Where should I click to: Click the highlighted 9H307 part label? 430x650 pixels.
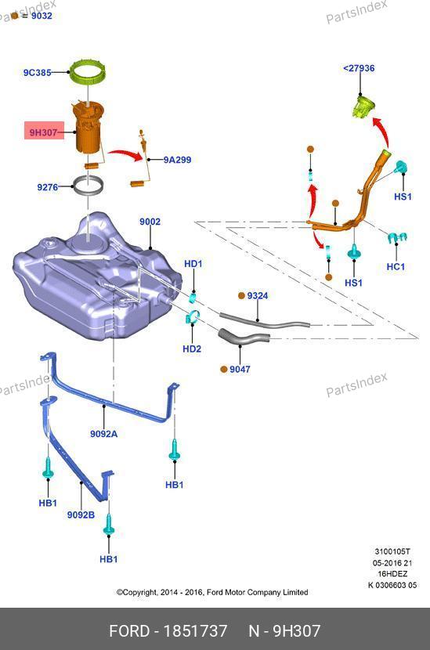[x=44, y=132]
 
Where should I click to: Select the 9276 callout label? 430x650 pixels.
[x=47, y=187]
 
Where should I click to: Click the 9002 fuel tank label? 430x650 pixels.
[x=150, y=222]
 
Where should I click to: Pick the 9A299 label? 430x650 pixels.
[x=177, y=160]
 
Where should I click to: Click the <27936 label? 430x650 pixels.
[x=359, y=68]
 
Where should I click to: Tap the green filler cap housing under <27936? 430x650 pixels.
[x=363, y=106]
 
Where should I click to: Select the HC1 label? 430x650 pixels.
[x=396, y=266]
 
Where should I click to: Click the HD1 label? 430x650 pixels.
[x=193, y=264]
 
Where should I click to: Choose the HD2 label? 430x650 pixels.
[x=192, y=348]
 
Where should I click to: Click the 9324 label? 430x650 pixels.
[x=258, y=295]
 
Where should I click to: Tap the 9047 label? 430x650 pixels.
[x=240, y=369]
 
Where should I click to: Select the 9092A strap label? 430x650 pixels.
[x=103, y=434]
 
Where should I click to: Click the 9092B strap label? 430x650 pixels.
[x=81, y=515]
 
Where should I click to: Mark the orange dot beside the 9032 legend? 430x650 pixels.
[x=15, y=16]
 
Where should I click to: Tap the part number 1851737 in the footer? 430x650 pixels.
[x=195, y=631]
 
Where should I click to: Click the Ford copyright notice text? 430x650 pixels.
[x=212, y=592]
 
